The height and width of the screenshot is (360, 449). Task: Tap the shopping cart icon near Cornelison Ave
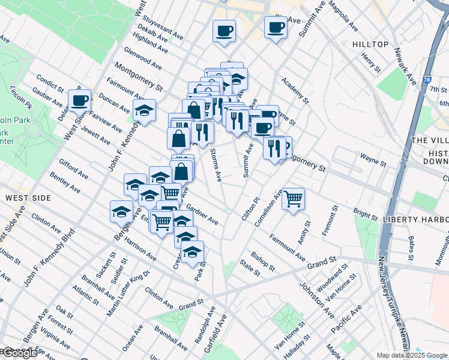tap(293, 198)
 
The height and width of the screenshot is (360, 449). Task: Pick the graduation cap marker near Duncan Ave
tap(144, 110)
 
